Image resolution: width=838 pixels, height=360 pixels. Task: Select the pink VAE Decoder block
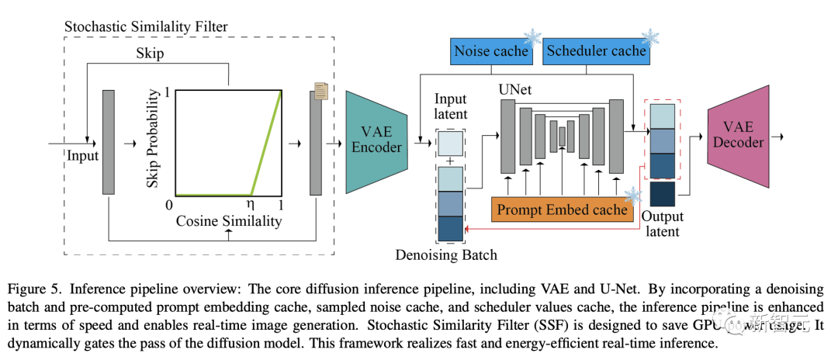point(740,142)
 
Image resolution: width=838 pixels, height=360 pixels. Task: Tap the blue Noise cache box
point(490,51)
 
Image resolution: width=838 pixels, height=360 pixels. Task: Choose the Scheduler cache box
point(596,51)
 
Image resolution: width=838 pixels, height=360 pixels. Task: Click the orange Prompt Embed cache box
point(563,209)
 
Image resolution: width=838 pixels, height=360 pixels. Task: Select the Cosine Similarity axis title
point(227,223)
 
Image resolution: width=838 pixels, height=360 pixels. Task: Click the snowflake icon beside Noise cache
point(534,36)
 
